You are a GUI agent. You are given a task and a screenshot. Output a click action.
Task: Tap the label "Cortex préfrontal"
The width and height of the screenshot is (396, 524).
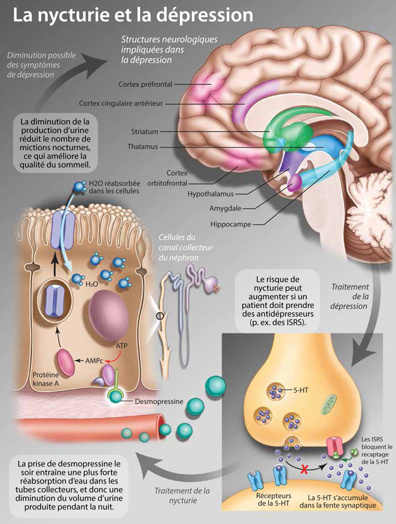click(145, 84)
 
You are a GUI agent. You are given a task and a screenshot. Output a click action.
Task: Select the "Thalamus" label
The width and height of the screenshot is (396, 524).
click(143, 146)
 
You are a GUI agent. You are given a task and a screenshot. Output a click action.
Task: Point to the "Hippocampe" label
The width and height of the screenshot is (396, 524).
click(231, 224)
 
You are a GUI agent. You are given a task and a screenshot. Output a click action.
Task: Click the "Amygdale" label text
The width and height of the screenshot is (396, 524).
click(225, 208)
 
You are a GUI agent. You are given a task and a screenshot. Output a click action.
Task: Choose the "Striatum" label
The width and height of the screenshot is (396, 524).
click(144, 132)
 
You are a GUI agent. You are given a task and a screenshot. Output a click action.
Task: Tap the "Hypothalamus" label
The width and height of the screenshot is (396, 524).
click(210, 194)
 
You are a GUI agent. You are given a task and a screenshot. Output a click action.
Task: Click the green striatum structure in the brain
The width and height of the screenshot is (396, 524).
click(291, 131)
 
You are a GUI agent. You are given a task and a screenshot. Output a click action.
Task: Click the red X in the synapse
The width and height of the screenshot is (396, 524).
click(304, 470)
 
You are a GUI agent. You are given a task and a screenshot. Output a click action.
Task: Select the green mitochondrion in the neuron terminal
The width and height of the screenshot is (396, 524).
click(329, 404)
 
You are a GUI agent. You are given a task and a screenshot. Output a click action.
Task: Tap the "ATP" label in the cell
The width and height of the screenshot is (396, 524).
click(122, 346)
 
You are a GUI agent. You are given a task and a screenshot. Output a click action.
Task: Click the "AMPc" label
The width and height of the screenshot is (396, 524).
click(94, 361)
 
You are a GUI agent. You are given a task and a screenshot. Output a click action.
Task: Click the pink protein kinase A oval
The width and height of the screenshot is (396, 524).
click(66, 362)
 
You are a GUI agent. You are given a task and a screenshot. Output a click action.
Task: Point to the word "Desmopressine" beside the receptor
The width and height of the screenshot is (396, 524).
click(159, 401)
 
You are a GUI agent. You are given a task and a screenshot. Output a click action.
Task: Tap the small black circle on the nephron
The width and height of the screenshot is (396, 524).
click(160, 316)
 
